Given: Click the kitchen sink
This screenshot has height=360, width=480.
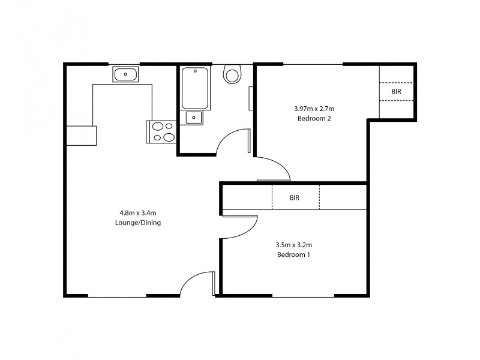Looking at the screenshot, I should [x=125, y=75].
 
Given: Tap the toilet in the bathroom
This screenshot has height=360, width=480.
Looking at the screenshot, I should [x=232, y=74].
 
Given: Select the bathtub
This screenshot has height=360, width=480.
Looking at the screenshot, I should [x=195, y=88].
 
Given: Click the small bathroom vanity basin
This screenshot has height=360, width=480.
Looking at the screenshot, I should [x=194, y=118].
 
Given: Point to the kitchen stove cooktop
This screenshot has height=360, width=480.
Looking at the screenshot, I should [x=161, y=132].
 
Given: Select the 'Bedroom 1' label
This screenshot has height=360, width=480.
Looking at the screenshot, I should [x=293, y=254].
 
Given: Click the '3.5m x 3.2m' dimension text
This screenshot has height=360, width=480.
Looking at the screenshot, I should [x=293, y=244].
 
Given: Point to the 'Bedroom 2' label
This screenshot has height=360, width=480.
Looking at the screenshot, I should [x=314, y=118].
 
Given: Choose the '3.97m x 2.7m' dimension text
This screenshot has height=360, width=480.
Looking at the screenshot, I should [x=314, y=109].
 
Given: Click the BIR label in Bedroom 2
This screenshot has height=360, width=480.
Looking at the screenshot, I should [x=396, y=92].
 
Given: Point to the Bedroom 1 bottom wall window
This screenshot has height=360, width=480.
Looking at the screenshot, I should [x=303, y=295].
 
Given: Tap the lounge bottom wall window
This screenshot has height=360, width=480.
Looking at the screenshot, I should [x=117, y=295].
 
